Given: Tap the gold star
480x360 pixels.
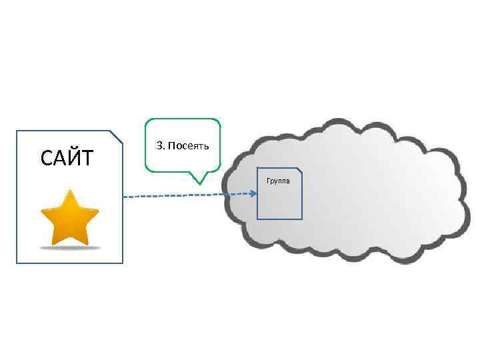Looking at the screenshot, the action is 70,219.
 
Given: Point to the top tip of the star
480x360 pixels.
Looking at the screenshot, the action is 70,191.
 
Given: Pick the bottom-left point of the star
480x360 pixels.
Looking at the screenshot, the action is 53,243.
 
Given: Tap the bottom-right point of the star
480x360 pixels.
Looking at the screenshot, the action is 87,243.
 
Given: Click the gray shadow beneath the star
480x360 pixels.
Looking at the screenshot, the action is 70,247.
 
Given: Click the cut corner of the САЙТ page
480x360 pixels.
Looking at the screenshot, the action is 117,136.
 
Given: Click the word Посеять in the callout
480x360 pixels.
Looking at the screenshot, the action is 189,145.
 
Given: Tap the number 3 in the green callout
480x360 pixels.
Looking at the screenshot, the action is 159,145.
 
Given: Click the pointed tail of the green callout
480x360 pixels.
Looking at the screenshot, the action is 198,181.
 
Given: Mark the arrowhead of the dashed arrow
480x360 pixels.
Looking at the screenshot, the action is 254,194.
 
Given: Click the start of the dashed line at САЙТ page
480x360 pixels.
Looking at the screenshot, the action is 125,197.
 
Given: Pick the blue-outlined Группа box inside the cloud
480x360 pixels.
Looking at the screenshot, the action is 280,200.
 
